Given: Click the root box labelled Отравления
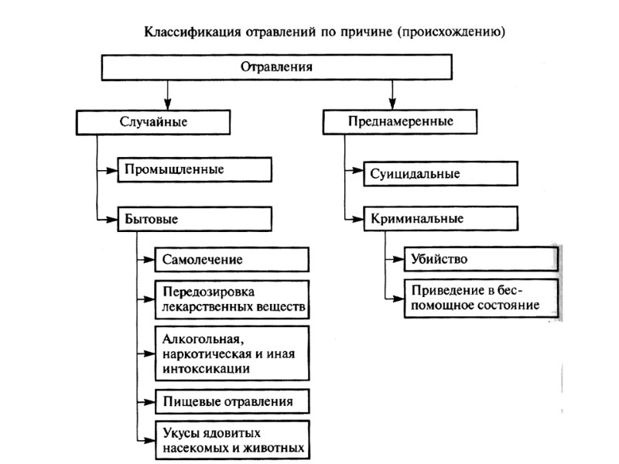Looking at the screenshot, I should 277,67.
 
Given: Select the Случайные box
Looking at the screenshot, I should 154,122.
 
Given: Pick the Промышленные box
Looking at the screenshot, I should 195,169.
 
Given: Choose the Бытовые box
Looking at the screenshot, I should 195,219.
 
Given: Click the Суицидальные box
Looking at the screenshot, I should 440,174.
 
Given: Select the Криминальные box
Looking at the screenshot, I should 440,219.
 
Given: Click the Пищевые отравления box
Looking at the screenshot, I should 232,401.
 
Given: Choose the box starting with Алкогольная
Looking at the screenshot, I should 232,353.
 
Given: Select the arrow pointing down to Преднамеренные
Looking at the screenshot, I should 392,102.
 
